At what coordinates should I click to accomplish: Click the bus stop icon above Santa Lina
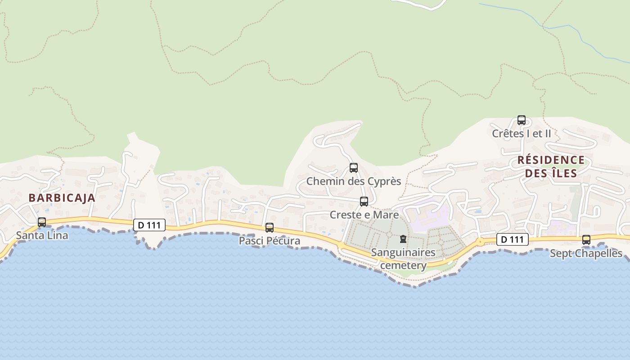[42, 222]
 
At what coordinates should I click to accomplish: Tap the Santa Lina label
[42, 235]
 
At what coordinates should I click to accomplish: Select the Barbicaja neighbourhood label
[62, 198]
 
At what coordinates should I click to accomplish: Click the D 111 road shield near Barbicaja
[149, 225]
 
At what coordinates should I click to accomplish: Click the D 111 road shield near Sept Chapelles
[512, 239]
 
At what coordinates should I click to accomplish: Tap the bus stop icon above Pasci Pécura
[270, 228]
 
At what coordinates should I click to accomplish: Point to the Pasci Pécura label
[269, 241]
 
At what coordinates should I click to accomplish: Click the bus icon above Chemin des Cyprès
[354, 168]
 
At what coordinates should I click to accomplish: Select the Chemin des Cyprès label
[353, 181]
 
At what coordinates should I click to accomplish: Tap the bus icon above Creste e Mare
[364, 202]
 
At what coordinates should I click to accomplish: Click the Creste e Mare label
[364, 215]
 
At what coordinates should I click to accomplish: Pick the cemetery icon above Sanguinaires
[403, 239]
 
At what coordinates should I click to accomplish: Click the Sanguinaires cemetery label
[403, 259]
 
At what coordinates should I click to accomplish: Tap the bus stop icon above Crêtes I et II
[522, 120]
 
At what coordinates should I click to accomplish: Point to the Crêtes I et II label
[521, 134]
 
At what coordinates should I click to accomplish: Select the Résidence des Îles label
[551, 166]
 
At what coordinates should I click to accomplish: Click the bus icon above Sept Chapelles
[586, 240]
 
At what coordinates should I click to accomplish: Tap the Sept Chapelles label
[586, 253]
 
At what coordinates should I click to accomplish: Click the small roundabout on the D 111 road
[481, 242]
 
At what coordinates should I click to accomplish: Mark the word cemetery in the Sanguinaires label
[403, 265]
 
